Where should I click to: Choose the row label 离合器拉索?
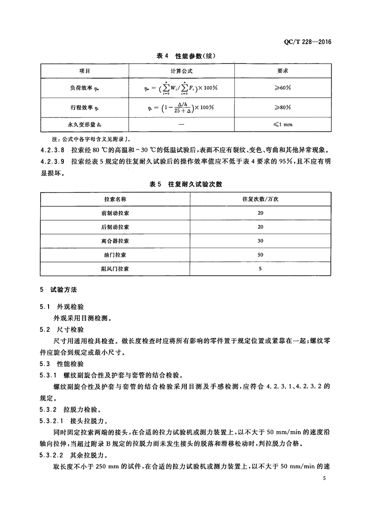point(115,241)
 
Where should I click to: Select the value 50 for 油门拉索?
point(260,255)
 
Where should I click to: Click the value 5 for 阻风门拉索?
point(260,268)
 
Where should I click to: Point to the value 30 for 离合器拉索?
point(260,241)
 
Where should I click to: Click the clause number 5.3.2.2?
point(54,454)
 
